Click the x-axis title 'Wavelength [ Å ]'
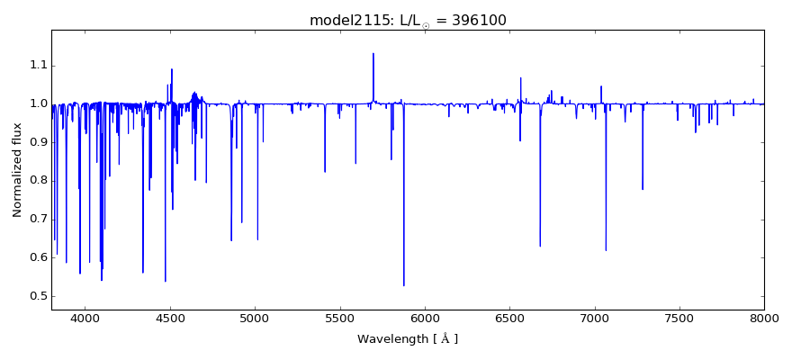click(x=407, y=339)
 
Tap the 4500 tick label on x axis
click(x=170, y=318)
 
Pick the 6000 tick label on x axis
click(x=425, y=318)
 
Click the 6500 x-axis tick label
click(x=509, y=318)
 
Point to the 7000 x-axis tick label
click(x=594, y=318)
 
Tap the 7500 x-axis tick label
click(x=679, y=318)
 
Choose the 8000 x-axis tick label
click(x=763, y=318)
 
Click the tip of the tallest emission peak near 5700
click(x=373, y=53)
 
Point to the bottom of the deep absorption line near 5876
click(x=403, y=286)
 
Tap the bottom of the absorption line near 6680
click(x=540, y=247)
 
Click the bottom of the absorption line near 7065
click(x=606, y=250)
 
